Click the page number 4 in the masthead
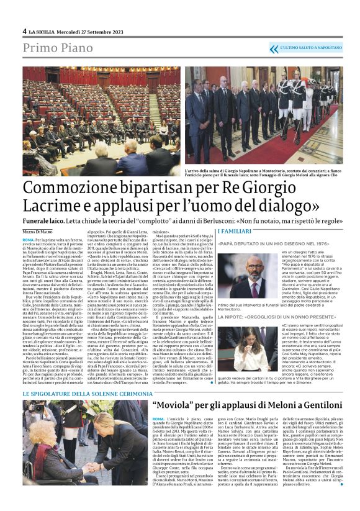(x=24, y=31)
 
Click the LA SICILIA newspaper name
(x=42, y=31)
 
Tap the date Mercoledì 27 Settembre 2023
(x=86, y=31)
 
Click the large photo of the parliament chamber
(x=110, y=121)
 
